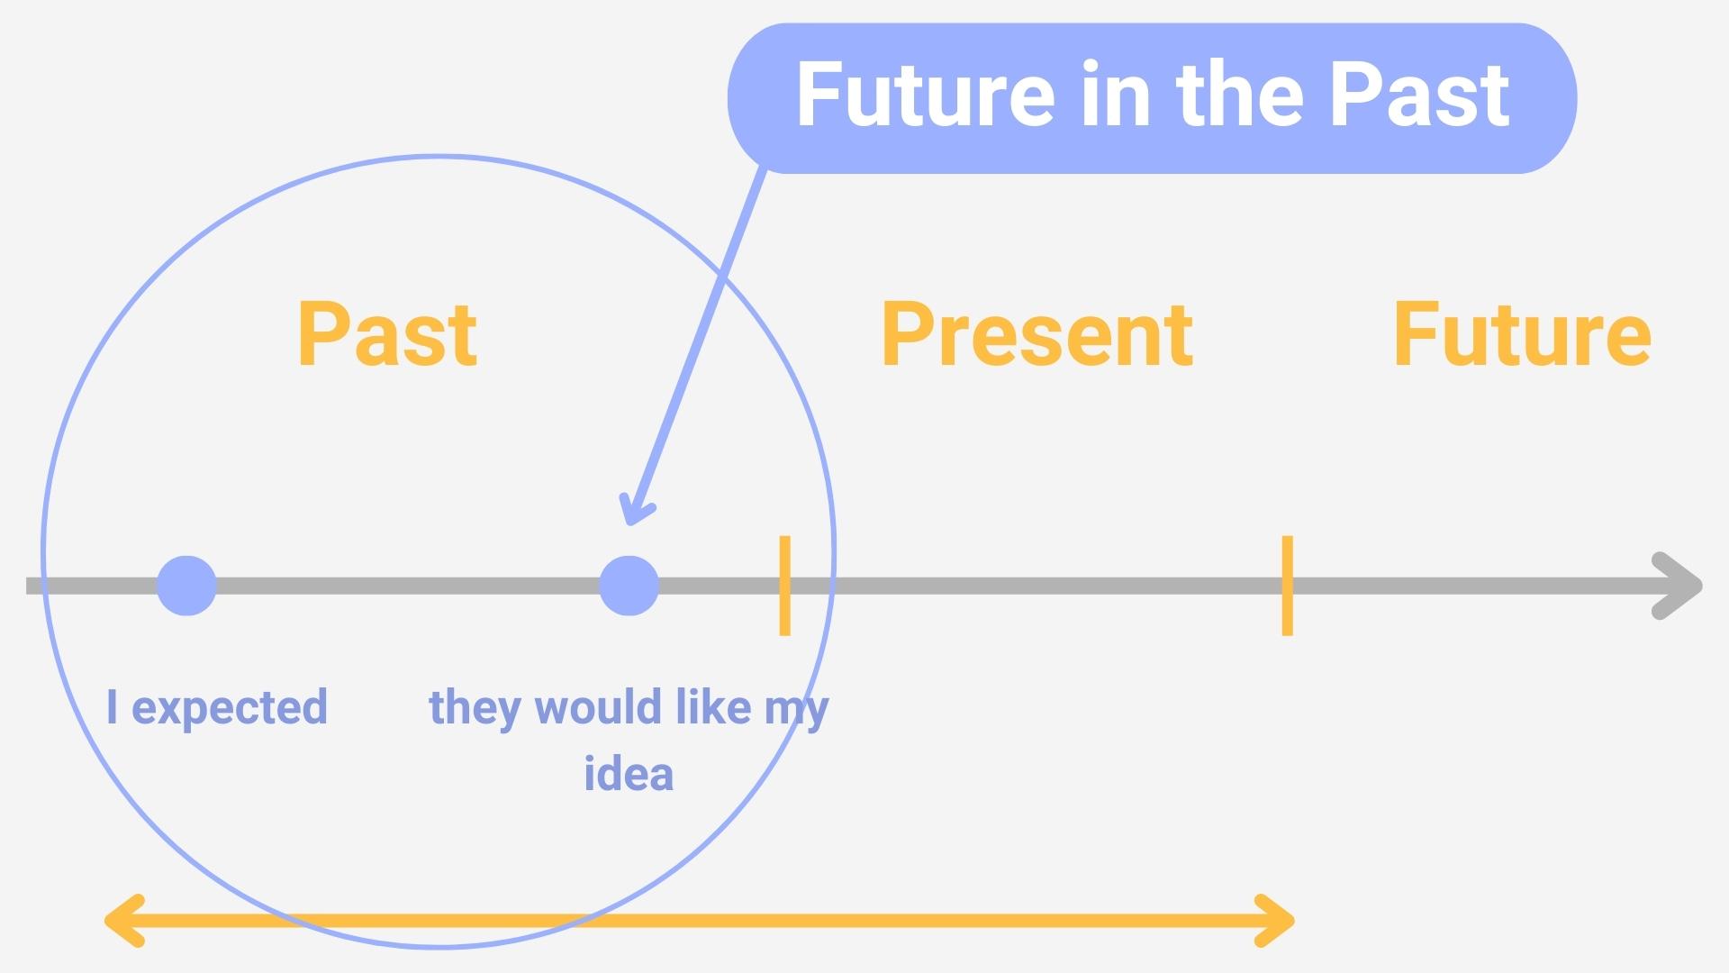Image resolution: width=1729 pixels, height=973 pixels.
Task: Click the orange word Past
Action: coord(387,335)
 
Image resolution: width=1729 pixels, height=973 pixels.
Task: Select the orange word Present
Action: coord(1037,335)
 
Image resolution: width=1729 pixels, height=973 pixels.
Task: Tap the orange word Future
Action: coord(1522,335)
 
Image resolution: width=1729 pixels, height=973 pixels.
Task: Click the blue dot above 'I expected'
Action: coord(186,586)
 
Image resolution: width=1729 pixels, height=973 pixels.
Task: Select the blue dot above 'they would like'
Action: coord(629,586)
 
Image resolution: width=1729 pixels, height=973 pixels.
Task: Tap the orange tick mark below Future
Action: coord(1288,586)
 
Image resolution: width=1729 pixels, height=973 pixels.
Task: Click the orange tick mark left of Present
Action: coord(784,586)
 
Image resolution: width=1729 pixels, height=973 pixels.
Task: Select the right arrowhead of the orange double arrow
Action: coord(1276,921)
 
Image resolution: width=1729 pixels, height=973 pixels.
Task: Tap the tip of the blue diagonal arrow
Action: coord(630,518)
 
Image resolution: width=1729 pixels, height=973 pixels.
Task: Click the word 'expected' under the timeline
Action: coord(230,708)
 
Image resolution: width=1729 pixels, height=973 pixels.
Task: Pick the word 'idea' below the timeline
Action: coord(629,775)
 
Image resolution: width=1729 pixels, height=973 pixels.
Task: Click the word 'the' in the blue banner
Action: coord(1243,95)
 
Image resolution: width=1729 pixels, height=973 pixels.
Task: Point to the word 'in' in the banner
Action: coord(1115,95)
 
